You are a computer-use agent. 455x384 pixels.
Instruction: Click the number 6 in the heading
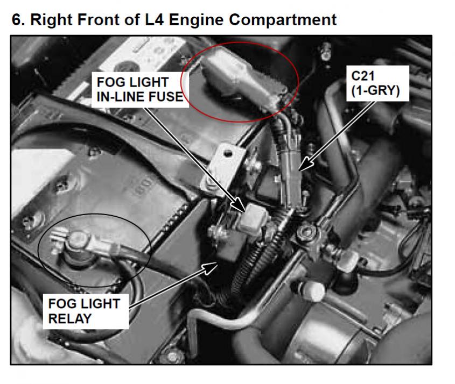pyautogui.click(x=17, y=20)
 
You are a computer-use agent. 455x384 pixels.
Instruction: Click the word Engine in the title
pyautogui.click(x=196, y=20)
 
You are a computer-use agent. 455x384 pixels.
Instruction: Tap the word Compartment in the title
pyautogui.click(x=283, y=20)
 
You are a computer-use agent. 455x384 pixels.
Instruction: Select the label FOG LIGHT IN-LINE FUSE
pyautogui.click(x=140, y=90)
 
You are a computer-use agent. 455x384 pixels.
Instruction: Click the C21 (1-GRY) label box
pyautogui.click(x=377, y=83)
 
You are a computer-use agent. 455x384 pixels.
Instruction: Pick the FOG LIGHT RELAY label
pyautogui.click(x=86, y=311)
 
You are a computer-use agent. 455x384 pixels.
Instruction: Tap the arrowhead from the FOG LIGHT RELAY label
pyautogui.click(x=211, y=268)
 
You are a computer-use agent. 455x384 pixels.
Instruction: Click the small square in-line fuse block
pyautogui.click(x=253, y=217)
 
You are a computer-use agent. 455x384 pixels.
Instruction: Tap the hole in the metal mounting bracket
pyautogui.click(x=228, y=153)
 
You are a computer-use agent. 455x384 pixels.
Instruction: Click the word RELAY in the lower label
pyautogui.click(x=70, y=319)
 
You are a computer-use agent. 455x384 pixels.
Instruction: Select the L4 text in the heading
pyautogui.click(x=155, y=20)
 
